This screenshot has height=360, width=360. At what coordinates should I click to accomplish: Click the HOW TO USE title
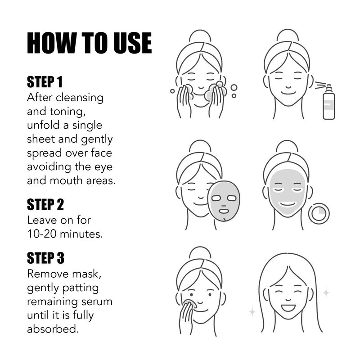tap(89, 43)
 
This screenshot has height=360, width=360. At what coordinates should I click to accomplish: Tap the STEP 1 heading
tap(45, 82)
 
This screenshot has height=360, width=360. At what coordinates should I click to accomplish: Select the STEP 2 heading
tap(45, 204)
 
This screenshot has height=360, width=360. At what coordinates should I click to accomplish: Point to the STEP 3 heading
tap(45, 258)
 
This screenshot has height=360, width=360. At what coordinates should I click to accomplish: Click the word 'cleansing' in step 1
tap(80, 98)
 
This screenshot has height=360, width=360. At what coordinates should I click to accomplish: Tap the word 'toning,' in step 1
tap(67, 112)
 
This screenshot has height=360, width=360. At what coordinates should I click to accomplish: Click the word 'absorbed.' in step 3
tap(53, 329)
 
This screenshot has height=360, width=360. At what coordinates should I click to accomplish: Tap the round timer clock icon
tap(319, 213)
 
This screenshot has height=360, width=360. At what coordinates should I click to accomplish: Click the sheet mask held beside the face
tap(224, 201)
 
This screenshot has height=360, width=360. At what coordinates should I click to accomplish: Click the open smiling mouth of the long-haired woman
tap(288, 307)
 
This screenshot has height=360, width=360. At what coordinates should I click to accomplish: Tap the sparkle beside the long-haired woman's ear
tap(326, 293)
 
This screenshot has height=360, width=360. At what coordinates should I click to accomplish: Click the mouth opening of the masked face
tap(287, 204)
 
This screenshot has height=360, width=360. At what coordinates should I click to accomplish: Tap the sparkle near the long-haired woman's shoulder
tap(252, 311)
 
